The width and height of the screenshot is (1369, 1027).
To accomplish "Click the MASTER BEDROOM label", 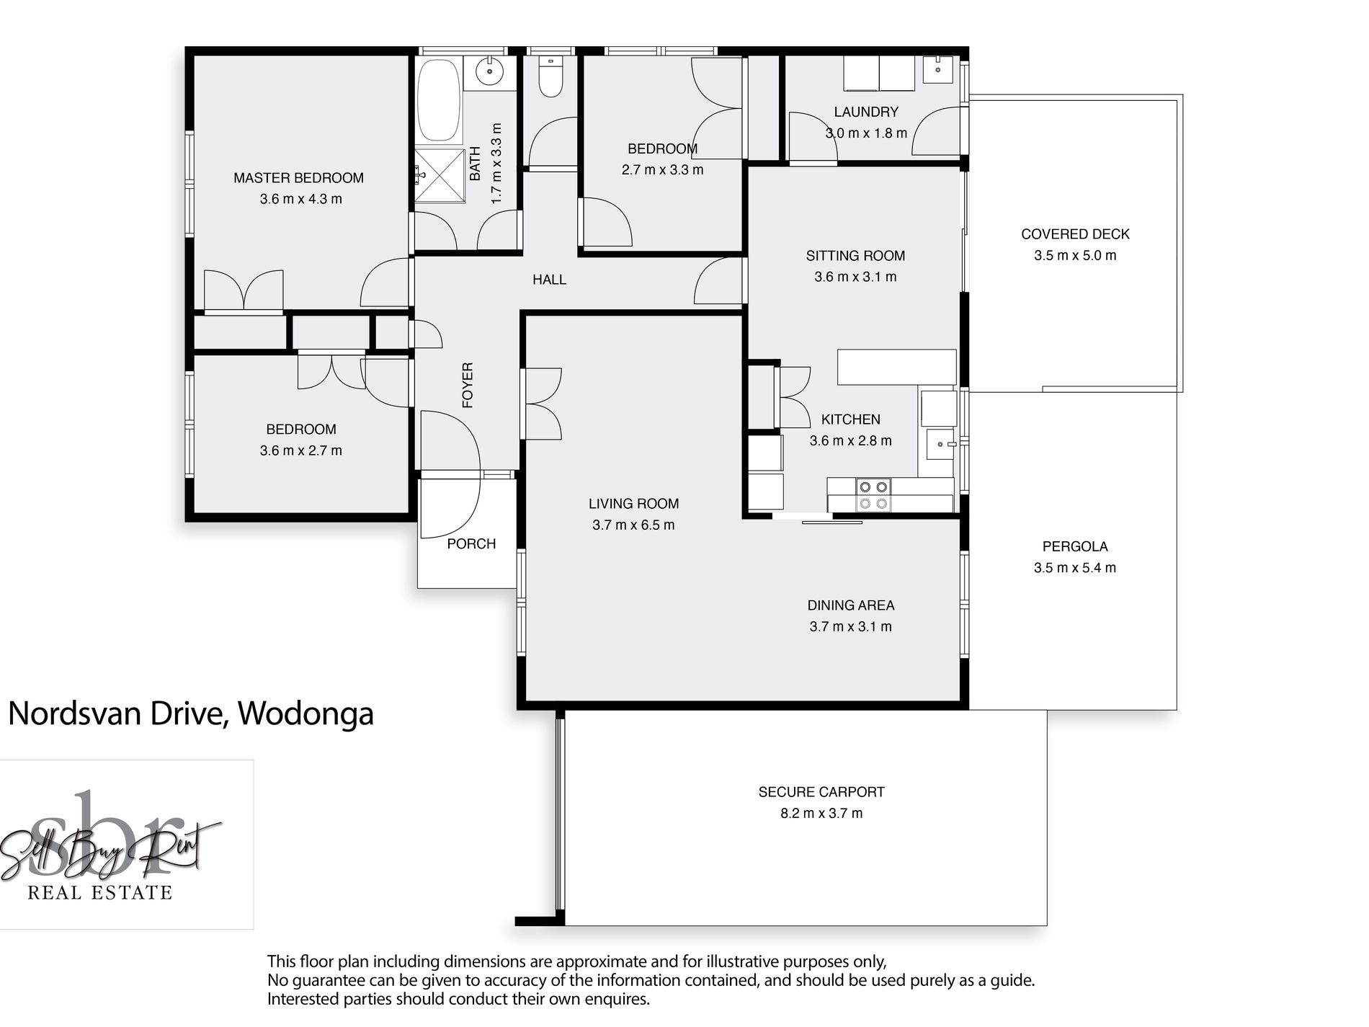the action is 298,178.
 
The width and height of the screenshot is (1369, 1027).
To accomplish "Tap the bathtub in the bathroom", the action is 439,100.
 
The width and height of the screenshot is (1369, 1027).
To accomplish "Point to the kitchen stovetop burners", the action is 873,495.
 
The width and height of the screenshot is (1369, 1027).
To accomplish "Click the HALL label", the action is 549,280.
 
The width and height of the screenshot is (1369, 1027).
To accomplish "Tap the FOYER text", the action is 468,386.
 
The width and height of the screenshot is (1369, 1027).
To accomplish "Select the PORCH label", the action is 471,544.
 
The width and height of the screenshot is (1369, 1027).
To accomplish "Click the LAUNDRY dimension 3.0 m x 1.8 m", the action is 866,133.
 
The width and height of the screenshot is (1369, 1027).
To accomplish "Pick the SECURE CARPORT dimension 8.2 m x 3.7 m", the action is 821,813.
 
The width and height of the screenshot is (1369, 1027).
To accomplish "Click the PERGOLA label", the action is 1075,546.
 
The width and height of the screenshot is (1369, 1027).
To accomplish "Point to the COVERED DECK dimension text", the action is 1075,255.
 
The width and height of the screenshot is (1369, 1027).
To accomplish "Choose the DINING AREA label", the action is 851,605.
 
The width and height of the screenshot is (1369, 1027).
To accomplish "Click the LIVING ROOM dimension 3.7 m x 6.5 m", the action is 633,525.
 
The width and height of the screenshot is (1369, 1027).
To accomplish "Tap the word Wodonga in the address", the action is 306,714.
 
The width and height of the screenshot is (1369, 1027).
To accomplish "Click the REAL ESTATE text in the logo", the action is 100,893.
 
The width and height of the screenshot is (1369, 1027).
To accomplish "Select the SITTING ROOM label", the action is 855,256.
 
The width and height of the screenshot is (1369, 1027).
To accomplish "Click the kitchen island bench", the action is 896,367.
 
